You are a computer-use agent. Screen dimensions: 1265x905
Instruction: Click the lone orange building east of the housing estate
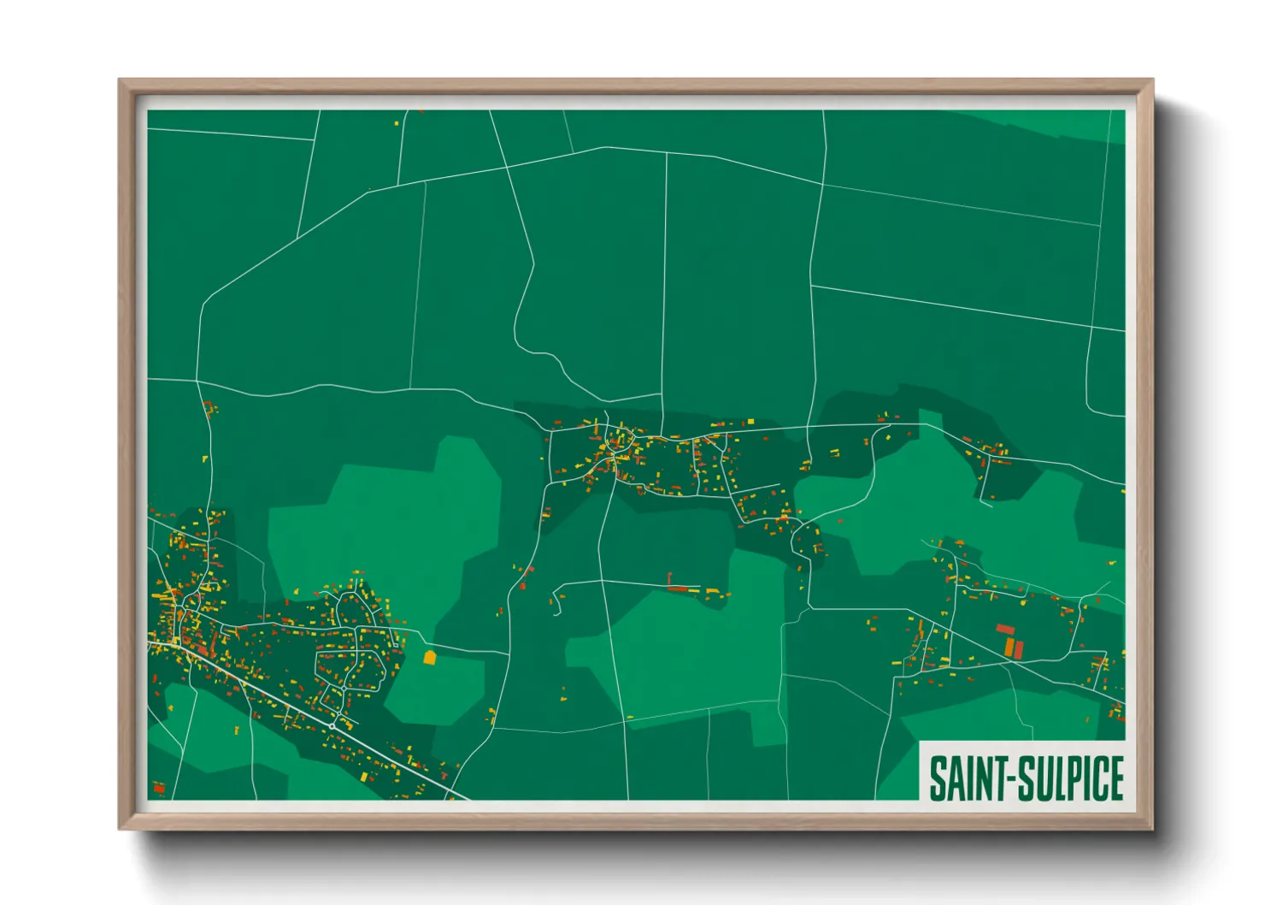pos(430,657)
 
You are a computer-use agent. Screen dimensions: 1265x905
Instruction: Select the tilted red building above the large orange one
pos(1005,630)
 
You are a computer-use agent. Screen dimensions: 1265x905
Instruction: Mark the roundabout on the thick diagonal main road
pos(332,726)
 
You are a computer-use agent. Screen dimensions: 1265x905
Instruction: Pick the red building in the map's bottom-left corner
pos(158,788)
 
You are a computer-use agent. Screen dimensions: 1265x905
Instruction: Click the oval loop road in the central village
pos(621,442)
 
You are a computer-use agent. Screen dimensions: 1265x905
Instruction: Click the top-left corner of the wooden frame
pos(120,80)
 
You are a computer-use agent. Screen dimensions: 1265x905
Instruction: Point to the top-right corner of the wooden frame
pos(1152,80)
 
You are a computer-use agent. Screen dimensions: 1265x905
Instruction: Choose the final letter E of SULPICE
pos(1115,778)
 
